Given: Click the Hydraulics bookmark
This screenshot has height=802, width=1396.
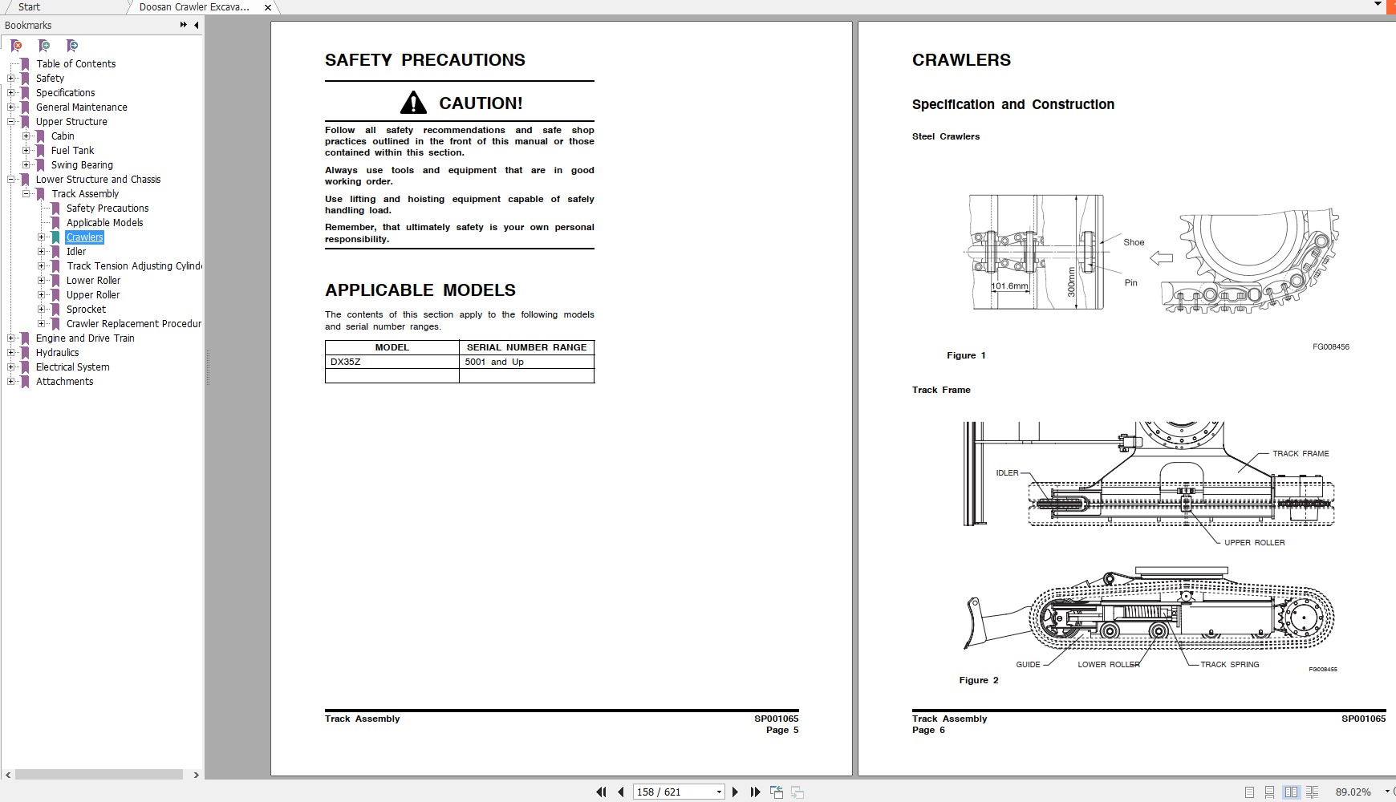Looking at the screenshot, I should click(x=57, y=353).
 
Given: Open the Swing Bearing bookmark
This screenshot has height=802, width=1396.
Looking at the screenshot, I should click(x=82, y=165).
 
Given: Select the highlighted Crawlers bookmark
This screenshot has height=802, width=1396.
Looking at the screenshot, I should click(x=85, y=237).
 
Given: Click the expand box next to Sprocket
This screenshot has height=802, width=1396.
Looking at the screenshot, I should click(x=42, y=310).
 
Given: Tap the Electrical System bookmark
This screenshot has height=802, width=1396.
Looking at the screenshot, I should click(x=72, y=367).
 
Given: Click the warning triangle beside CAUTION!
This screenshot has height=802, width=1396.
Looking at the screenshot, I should click(x=413, y=103).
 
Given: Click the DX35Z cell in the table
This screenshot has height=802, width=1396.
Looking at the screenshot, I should click(x=346, y=362).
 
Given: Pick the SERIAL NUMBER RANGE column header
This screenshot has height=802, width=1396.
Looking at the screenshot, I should click(x=526, y=347).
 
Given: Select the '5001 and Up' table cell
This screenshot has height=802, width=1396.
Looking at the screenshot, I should click(x=494, y=362).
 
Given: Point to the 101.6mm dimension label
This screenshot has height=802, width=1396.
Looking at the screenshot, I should click(x=1009, y=286).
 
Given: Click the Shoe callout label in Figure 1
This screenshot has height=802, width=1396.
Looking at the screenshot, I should click(x=1134, y=242).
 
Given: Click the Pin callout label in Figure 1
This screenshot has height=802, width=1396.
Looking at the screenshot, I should click(x=1130, y=283).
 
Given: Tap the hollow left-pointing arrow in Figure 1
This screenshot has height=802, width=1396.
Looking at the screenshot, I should click(x=1161, y=258).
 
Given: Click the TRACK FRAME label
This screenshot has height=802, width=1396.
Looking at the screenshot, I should click(x=1301, y=454).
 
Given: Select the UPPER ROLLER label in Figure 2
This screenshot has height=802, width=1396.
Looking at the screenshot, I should click(x=1254, y=543).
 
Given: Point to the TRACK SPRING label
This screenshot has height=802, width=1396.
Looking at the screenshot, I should click(x=1229, y=665).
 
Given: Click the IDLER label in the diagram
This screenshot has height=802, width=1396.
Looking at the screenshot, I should click(x=1007, y=473).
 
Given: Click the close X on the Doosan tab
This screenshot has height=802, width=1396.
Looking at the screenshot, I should click(x=268, y=7).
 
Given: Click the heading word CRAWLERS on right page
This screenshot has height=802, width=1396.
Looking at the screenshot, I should click(x=961, y=60).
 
